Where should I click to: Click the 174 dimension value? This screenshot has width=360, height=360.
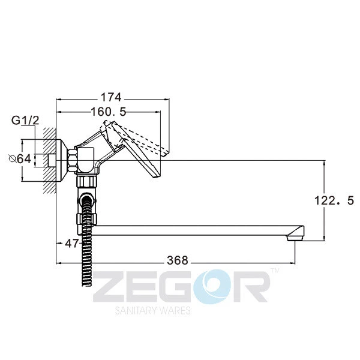coord(112,97)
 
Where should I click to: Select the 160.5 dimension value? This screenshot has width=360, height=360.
coord(109,112)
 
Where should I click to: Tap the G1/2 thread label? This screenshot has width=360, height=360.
coord(25,121)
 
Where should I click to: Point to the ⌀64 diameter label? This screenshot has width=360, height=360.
coord(20,158)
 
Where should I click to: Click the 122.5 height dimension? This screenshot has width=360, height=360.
coord(334,200)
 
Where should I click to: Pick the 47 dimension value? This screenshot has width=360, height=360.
coord(72,243)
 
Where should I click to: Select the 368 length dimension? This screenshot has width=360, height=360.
coord(178,260)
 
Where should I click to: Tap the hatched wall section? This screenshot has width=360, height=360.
coord(49,160)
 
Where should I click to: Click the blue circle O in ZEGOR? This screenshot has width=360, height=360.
coord(212,287)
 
